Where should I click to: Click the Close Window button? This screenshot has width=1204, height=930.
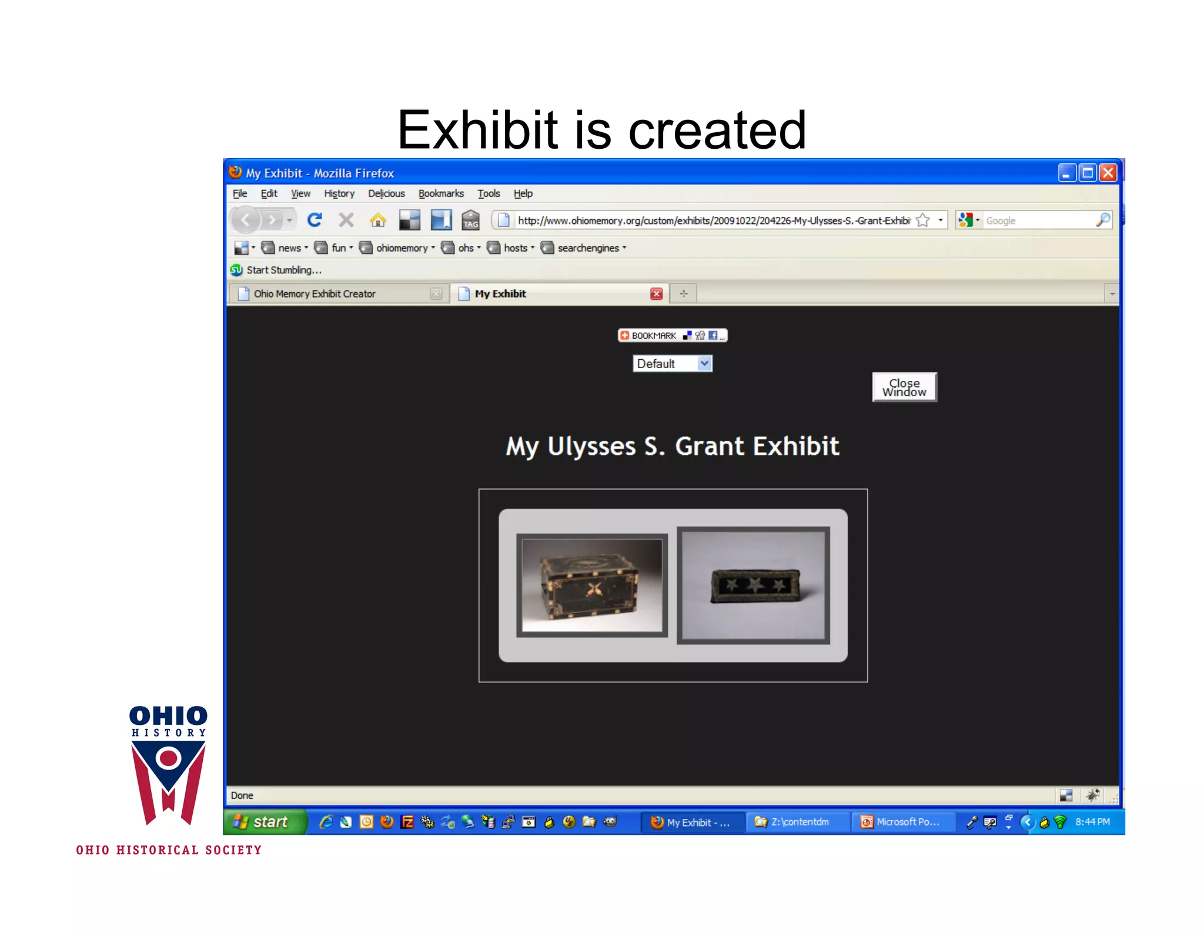tap(904, 387)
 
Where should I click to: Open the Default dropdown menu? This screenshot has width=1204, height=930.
tap(672, 364)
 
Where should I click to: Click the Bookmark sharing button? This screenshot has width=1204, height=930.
tap(672, 336)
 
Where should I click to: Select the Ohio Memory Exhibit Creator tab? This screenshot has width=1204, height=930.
tap(315, 294)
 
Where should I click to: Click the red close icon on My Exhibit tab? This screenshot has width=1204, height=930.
tap(656, 294)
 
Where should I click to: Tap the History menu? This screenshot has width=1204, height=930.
tap(339, 194)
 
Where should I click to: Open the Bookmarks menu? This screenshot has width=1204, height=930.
tap(441, 194)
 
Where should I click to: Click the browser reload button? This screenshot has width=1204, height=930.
tap(315, 220)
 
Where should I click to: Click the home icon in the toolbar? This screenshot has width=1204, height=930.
tap(377, 220)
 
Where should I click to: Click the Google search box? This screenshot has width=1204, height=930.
tap(1038, 221)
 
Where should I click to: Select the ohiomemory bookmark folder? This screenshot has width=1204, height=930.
tap(402, 248)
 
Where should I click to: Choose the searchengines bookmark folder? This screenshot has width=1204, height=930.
tap(588, 248)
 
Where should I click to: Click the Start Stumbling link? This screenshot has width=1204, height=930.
tap(283, 270)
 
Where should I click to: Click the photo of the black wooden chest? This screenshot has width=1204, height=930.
tap(591, 586)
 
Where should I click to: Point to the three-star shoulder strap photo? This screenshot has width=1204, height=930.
tap(753, 586)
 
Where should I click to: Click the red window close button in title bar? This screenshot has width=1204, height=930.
tap(1108, 173)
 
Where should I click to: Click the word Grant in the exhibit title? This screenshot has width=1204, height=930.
tap(710, 446)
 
